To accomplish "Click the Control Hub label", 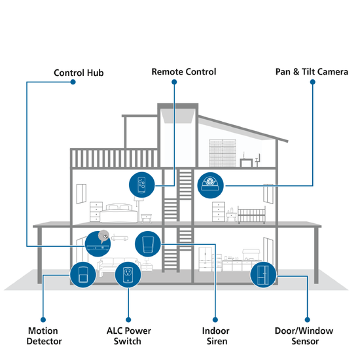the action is point(79,73).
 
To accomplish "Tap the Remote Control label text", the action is point(184,71).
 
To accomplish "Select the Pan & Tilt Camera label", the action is point(312,71).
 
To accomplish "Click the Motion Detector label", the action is point(44,336).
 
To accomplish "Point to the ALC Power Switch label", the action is point(128,336).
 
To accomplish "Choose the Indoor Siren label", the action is point(216,336).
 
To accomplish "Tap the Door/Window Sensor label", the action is point(304,336).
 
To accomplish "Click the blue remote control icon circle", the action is point(141,185).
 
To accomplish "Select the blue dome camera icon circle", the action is point(210,185).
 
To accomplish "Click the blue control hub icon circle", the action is point(98,244).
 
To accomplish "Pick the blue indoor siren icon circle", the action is point(148,244).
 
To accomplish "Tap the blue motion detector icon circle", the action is point(83,275).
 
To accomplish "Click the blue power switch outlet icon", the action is point(128,275).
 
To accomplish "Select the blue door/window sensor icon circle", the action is point(263,275).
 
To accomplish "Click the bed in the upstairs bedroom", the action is point(118,213).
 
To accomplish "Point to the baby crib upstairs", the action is point(251,215).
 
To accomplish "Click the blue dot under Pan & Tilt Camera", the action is point(312,82).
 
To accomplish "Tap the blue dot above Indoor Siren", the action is point(215,319).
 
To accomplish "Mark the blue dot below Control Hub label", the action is point(73,82).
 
